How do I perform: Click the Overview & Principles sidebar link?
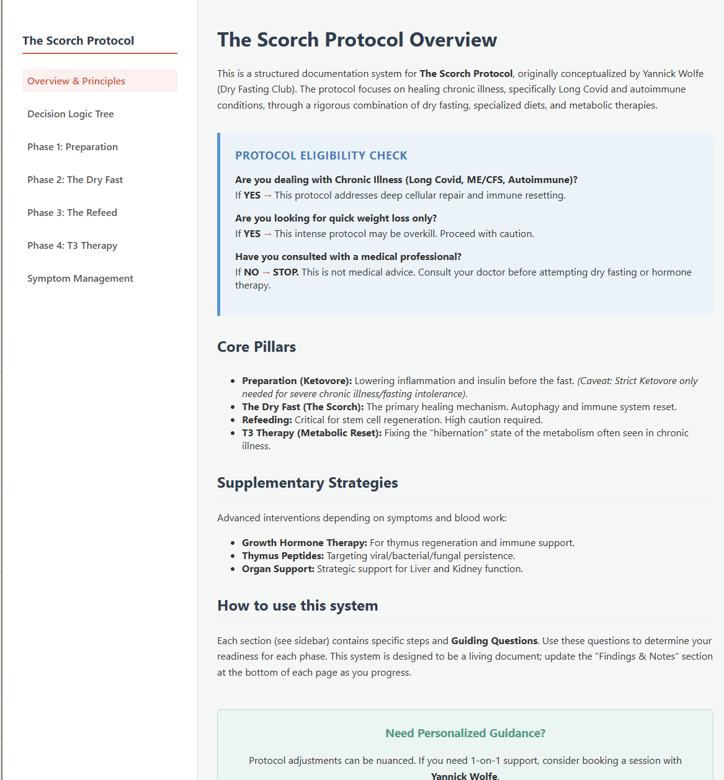coord(76,81)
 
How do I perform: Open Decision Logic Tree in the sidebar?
coord(71,114)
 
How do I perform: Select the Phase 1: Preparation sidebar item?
coord(73,147)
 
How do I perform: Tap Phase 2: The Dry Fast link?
coord(75,180)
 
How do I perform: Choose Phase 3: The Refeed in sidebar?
coord(72,213)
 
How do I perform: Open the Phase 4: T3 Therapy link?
coord(72,246)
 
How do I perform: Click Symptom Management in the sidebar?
coord(80,279)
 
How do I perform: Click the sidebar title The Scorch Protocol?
coord(78,41)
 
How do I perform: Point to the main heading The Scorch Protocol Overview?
coord(357,40)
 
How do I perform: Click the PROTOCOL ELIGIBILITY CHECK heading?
coord(321,156)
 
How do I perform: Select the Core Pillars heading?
coord(256,347)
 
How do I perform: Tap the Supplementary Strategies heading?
coord(307,483)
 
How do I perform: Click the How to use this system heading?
coord(297,606)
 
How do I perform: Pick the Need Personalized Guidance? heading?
coord(465,733)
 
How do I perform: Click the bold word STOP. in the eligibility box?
coord(285,272)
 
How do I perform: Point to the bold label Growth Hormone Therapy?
coord(304,543)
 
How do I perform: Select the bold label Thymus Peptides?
coord(283,556)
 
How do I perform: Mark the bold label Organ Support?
coord(278,569)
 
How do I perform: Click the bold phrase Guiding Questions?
coord(494,641)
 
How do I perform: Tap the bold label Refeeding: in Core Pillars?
coord(267,420)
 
